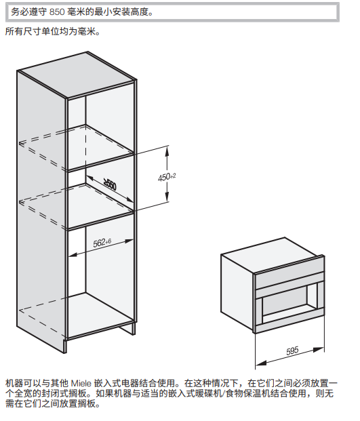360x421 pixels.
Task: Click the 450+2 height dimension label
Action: [x=167, y=177]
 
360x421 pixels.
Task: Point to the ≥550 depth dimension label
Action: [x=110, y=185]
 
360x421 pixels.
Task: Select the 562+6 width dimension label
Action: [x=102, y=243]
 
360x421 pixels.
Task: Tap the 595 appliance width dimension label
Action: [x=292, y=350]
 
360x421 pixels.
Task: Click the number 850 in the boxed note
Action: [x=57, y=12]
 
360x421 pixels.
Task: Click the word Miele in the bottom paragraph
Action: [x=81, y=384]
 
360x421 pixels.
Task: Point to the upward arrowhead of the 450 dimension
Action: [x=167, y=151]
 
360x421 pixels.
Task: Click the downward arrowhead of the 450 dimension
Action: [x=167, y=197]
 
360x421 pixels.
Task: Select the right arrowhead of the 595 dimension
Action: [x=319, y=350]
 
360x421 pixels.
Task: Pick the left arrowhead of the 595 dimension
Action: [x=260, y=363]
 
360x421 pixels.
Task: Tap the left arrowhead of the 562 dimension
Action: [x=73, y=254]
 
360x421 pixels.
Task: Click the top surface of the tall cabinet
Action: [x=77, y=74]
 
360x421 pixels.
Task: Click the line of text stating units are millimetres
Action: [x=52, y=31]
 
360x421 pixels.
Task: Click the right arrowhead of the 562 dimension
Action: [x=128, y=241]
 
